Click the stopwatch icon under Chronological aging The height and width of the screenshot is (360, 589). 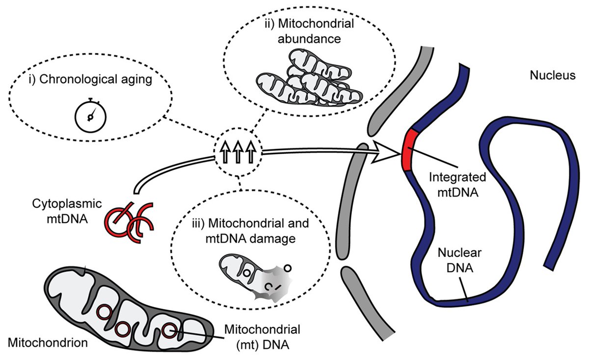pos(90,115)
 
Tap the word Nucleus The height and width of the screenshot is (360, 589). pos(553,76)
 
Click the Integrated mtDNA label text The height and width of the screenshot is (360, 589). pos(457,185)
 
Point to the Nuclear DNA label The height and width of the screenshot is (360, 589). pos(459,260)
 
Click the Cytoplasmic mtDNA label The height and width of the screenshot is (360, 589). pos(67,211)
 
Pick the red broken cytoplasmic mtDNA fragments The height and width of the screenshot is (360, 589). pos(129,222)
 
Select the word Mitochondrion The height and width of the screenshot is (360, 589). pos(48,343)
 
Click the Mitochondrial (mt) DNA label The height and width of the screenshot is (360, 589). pos(263,337)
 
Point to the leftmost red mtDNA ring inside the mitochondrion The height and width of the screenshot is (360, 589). pos(104,312)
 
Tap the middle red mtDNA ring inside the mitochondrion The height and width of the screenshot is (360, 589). pos(122,329)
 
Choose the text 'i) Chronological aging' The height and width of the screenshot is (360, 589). pos(90,80)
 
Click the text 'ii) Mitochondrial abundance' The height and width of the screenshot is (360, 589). pos(310,31)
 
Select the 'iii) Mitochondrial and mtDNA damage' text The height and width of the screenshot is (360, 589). pos(251,231)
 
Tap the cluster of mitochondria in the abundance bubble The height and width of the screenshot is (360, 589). pos(309,78)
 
